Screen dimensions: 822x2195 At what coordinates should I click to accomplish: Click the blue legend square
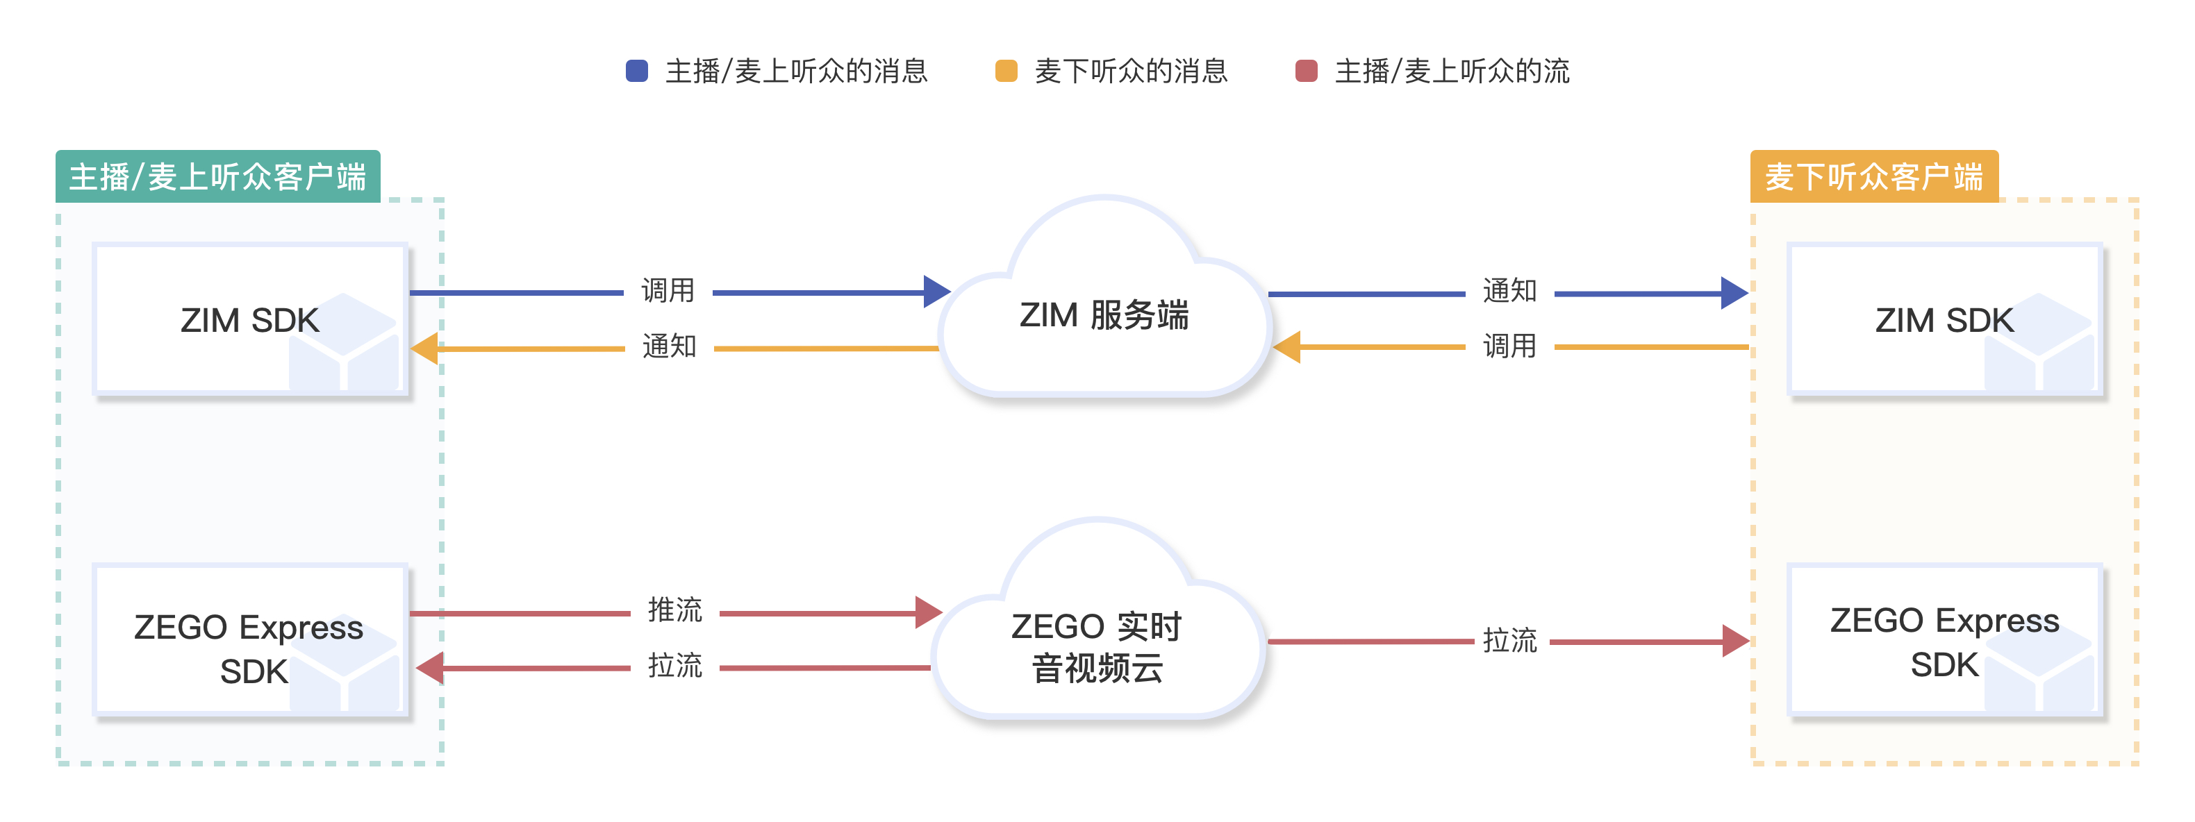click(x=636, y=71)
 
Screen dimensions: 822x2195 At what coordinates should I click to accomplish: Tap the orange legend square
click(x=1007, y=71)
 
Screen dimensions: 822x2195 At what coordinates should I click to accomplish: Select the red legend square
click(x=1307, y=71)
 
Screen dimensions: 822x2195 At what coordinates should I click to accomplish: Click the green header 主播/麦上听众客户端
click(x=217, y=177)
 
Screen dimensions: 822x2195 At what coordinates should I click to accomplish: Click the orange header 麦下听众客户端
click(x=1874, y=177)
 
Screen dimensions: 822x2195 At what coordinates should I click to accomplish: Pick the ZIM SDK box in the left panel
click(x=249, y=319)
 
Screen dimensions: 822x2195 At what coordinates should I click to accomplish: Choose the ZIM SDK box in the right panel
click(x=1944, y=319)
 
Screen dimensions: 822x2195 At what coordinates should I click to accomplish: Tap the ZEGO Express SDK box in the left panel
click(x=249, y=647)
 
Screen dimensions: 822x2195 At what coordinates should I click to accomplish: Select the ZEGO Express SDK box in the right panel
click(x=1944, y=641)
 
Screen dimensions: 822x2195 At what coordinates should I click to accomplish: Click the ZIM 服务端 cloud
click(x=1104, y=315)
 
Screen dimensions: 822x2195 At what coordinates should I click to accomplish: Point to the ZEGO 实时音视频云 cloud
click(x=1097, y=647)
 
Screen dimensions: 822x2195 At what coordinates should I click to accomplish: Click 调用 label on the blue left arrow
click(x=668, y=290)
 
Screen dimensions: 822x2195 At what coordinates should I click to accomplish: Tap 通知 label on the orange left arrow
click(x=669, y=346)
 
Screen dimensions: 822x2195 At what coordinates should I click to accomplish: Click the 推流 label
click(x=675, y=610)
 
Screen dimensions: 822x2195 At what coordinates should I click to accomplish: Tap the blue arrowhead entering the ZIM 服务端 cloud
click(x=936, y=292)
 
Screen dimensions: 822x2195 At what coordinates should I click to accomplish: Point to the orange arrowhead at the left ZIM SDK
click(x=425, y=349)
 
